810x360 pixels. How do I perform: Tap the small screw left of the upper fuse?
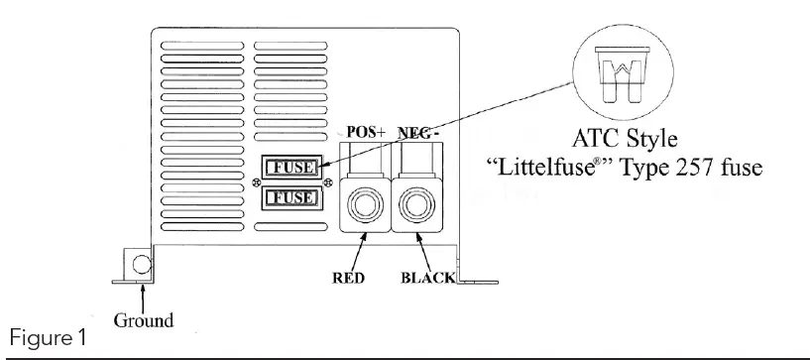pos(256,181)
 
